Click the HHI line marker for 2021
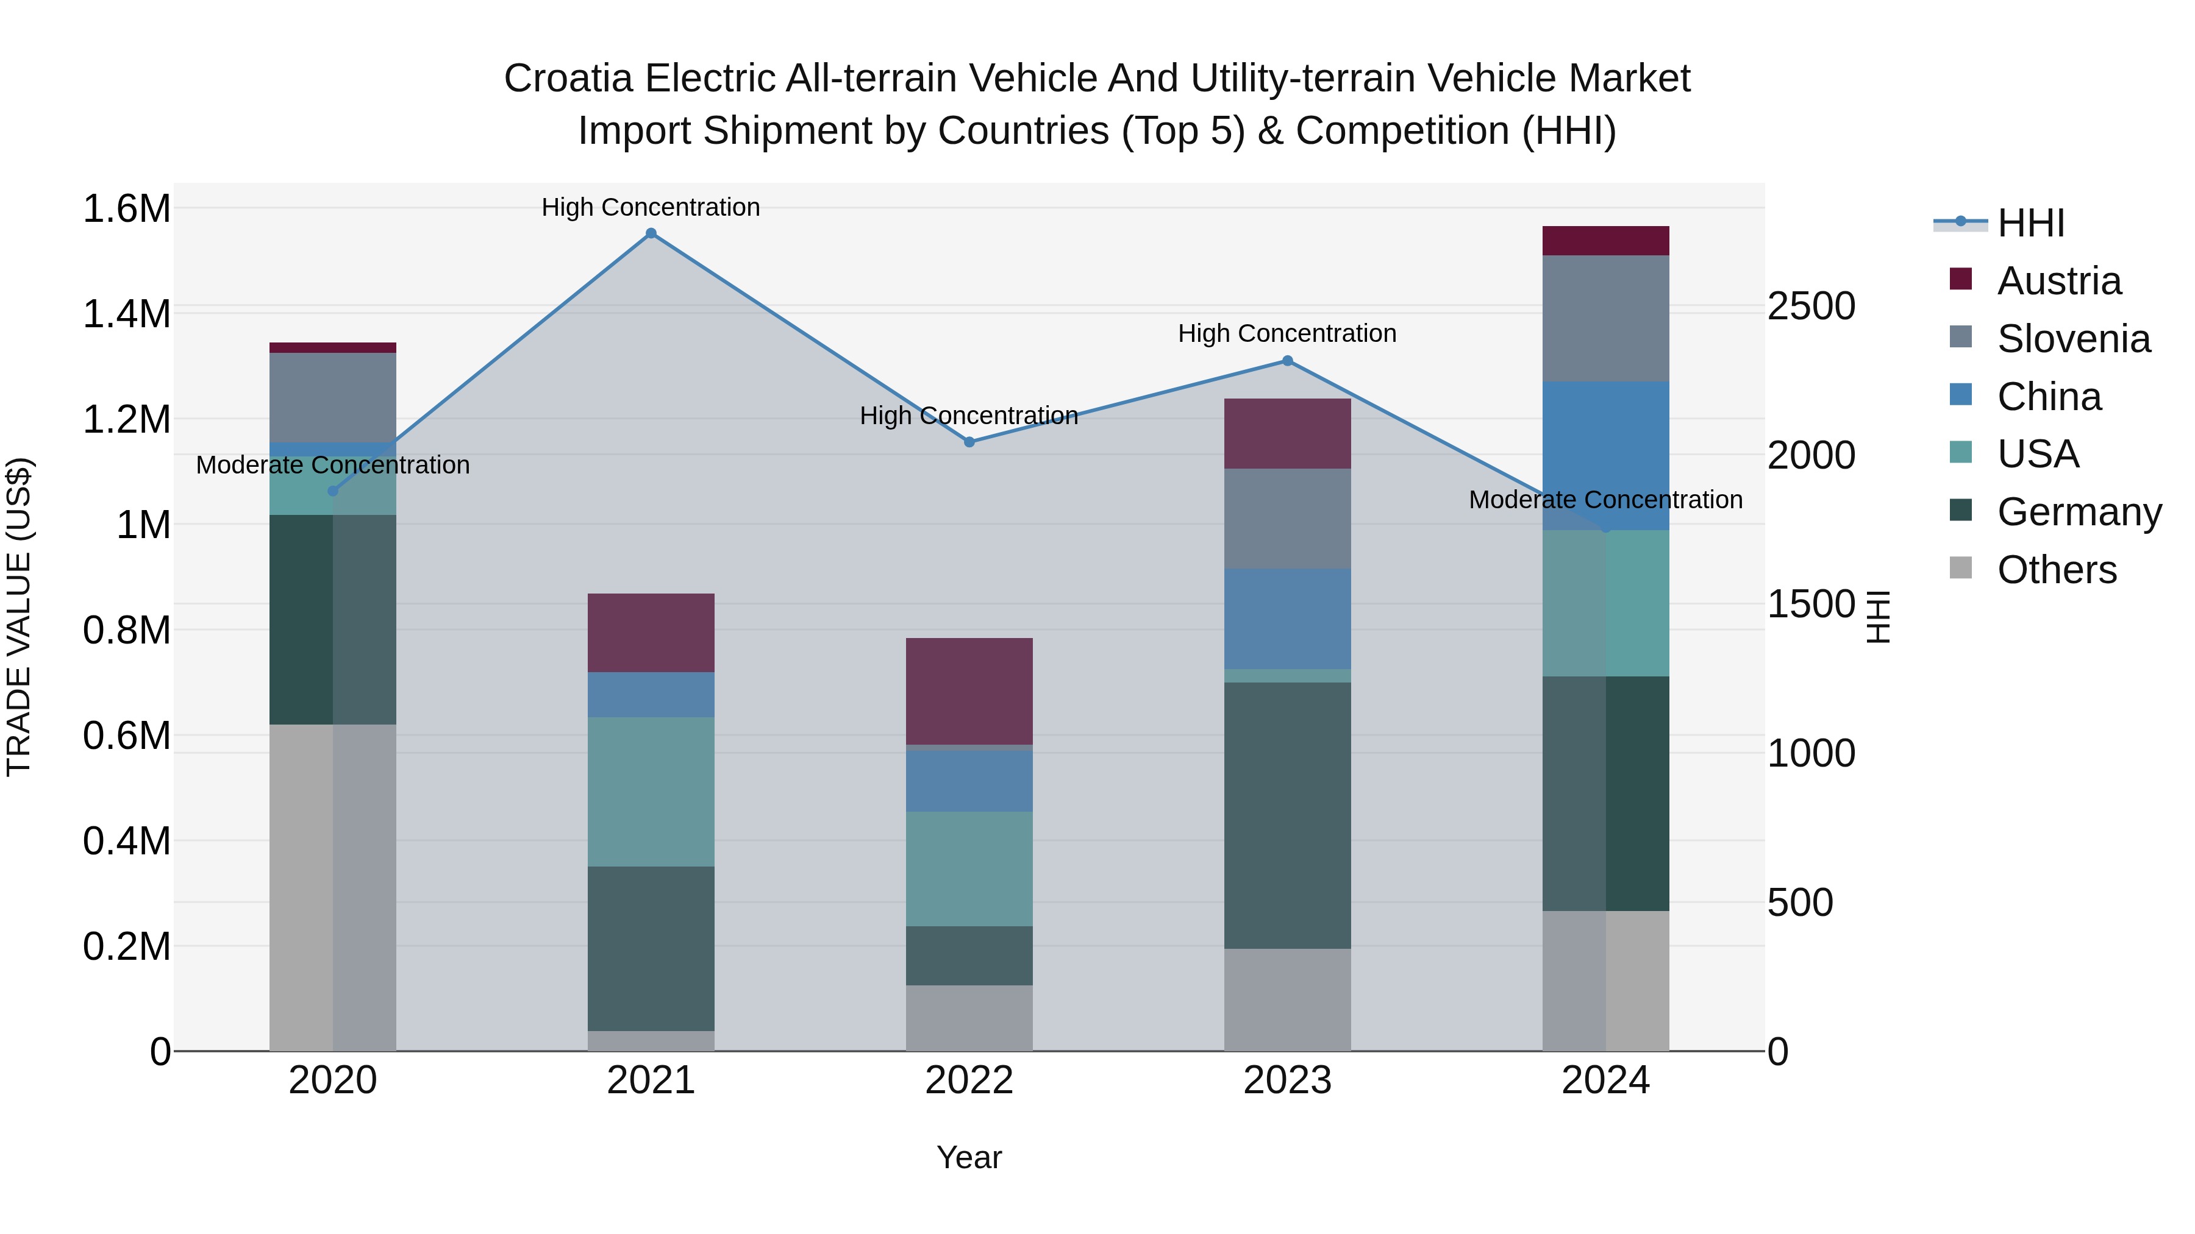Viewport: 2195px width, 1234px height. click(x=651, y=233)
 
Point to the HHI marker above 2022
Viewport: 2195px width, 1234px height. click(x=969, y=442)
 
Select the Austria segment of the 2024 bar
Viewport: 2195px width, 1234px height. click(x=1605, y=241)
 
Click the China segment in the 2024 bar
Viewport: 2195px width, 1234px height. click(x=1605, y=456)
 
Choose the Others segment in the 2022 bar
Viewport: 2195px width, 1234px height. click(x=969, y=1018)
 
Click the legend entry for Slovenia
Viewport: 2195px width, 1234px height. click(x=2072, y=339)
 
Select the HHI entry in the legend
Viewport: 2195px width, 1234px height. click(x=2030, y=223)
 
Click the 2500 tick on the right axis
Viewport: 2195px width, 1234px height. click(x=1811, y=307)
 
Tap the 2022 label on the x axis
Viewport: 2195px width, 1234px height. click(x=969, y=1080)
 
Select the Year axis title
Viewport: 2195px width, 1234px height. click(x=969, y=1157)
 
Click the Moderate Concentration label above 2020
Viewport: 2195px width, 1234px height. click(x=332, y=465)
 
